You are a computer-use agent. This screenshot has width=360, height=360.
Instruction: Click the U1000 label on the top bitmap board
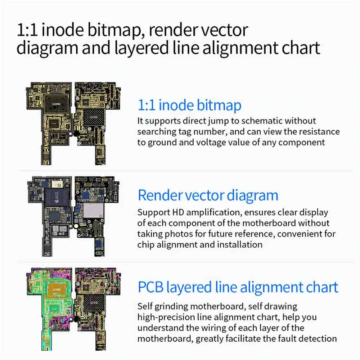pos(56,104)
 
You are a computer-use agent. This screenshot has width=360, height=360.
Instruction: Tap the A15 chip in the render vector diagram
pos(57,197)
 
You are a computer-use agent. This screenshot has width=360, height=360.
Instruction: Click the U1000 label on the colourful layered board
pos(57,289)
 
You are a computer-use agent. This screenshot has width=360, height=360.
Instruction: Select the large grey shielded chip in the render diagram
pos(94,210)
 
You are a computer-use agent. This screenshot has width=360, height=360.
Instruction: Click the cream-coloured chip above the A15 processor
pos(57,184)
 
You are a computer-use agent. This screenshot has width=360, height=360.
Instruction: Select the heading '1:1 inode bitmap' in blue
pos(189,105)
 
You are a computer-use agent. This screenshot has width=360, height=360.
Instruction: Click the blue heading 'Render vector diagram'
pos(208,195)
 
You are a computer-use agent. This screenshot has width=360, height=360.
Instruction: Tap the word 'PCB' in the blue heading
pos(150,287)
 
